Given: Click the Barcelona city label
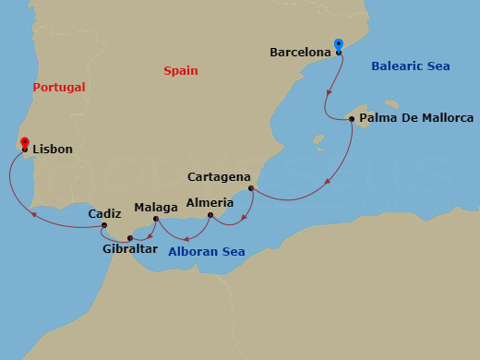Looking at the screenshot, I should pyautogui.click(x=300, y=53).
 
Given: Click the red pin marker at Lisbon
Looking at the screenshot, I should pyautogui.click(x=24, y=143).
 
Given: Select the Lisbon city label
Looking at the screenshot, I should pyautogui.click(x=53, y=149).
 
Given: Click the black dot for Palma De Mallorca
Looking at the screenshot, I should pyautogui.click(x=352, y=118).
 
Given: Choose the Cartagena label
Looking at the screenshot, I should pyautogui.click(x=219, y=175).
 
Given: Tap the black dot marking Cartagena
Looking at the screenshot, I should pyautogui.click(x=251, y=188).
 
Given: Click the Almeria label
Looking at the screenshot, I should pyautogui.click(x=204, y=201).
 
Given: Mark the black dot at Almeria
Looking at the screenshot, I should pyautogui.click(x=210, y=216).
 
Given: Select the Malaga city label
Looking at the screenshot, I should pyautogui.click(x=155, y=208).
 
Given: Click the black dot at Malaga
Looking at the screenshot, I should pyautogui.click(x=156, y=220).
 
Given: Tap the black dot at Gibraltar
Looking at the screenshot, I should pyautogui.click(x=130, y=238).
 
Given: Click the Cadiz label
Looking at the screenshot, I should pyautogui.click(x=104, y=213).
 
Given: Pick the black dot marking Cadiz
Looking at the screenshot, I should pyautogui.click(x=105, y=225).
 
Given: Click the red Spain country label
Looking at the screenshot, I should pyautogui.click(x=180, y=70).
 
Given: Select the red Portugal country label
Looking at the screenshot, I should pyautogui.click(x=58, y=87).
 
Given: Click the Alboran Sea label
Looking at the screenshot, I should pyautogui.click(x=207, y=251).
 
